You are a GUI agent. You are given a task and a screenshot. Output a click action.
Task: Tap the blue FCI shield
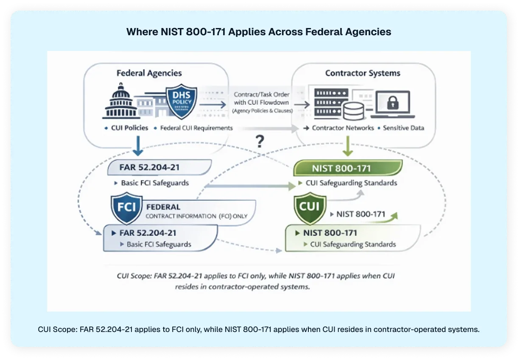[126, 208]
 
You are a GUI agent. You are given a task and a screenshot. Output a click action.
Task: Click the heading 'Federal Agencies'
[149, 73]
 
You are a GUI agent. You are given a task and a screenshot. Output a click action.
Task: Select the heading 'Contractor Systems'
[363, 73]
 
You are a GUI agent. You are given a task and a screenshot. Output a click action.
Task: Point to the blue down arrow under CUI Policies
[138, 148]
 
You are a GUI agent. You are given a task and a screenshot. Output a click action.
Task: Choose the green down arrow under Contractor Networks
[347, 148]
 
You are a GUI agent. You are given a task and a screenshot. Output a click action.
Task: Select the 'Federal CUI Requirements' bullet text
[196, 128]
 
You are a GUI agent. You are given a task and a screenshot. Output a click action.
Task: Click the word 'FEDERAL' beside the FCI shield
[163, 207]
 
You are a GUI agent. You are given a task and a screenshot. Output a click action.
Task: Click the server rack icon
[331, 103]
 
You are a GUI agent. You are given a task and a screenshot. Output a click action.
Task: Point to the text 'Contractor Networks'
[343, 128]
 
